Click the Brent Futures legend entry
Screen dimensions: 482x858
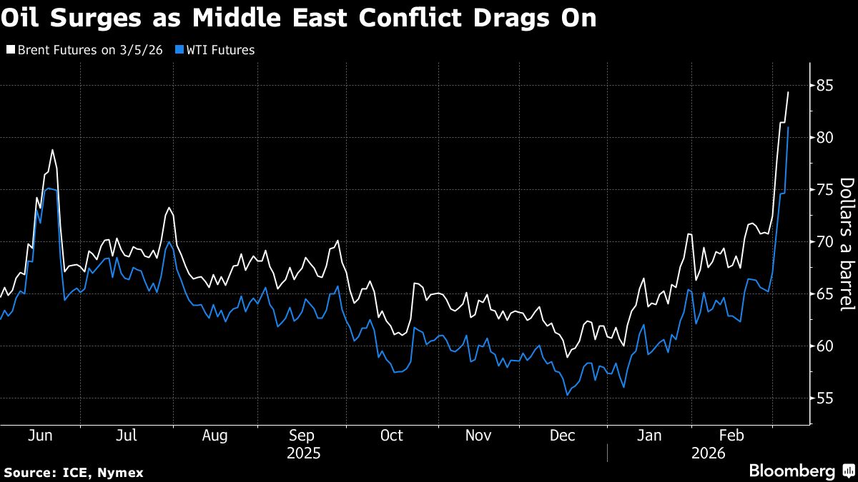coord(86,50)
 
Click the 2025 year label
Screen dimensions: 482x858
coord(303,453)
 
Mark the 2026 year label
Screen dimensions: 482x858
coord(709,453)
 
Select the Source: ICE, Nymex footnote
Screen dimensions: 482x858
coord(74,473)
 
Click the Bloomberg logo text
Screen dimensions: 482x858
coord(792,471)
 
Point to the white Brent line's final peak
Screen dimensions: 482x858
coord(788,92)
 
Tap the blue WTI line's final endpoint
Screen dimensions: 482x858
coord(788,127)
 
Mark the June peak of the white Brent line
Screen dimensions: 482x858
coord(52,150)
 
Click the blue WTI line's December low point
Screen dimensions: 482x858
coord(568,395)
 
